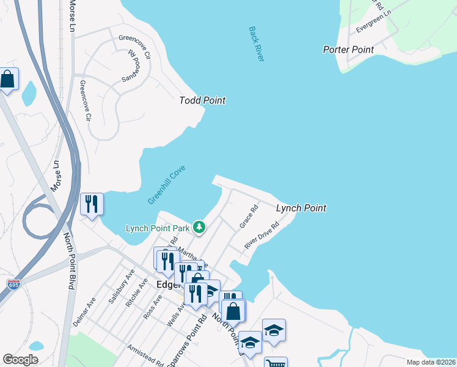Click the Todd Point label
point(202,100)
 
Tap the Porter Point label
point(348,50)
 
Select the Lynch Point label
point(301,208)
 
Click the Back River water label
point(257,43)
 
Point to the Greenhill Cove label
point(166,184)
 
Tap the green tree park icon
point(199,228)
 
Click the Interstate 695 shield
point(13,284)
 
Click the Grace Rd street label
point(249,216)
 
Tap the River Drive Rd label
point(261,235)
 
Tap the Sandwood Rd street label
point(131,67)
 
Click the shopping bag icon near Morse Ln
point(7,80)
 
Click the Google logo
point(20,360)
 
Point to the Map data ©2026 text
point(431,362)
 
